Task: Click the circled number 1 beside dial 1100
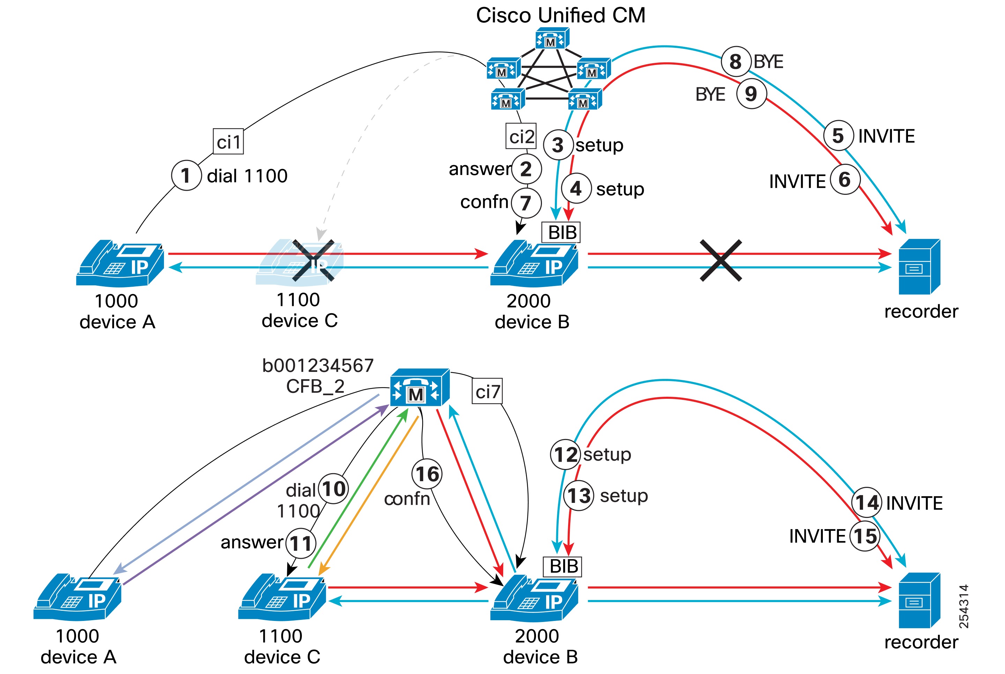[x=186, y=175]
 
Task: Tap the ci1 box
[x=228, y=141]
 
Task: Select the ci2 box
[x=521, y=136]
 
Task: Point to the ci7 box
[x=487, y=391]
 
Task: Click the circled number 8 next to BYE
[x=736, y=61]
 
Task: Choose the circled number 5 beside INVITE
[x=838, y=135]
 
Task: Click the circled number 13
[x=579, y=496]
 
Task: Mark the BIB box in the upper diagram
[x=561, y=233]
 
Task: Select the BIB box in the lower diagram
[x=563, y=566]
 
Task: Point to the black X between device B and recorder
[x=721, y=261]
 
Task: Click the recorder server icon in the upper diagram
[x=919, y=266]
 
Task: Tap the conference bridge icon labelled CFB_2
[x=419, y=388]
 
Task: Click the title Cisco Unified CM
[x=560, y=15]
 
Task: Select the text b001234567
[x=318, y=366]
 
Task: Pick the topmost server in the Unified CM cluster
[x=552, y=39]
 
